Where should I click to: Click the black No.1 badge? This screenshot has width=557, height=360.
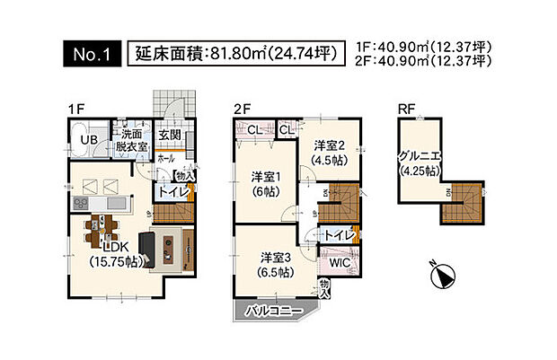(89, 54)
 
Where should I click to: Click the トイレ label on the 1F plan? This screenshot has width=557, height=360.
(172, 191)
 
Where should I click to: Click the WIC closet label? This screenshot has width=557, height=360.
(339, 265)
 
